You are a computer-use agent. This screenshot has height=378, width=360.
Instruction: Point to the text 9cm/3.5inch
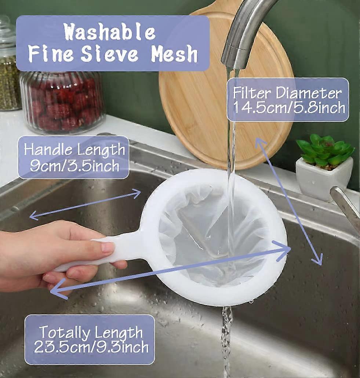74,166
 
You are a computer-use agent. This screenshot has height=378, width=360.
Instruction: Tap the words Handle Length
74,150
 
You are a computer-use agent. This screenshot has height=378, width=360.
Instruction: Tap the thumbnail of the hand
108,248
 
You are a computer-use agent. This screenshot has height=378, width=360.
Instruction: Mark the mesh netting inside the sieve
206,235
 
